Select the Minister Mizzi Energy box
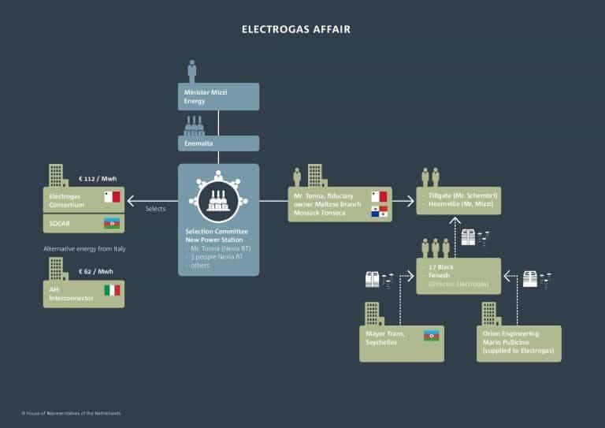tap(218, 96)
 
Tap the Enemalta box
tap(218, 143)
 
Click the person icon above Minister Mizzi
tap(191, 71)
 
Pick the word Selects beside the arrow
tap(155, 209)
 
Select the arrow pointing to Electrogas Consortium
tap(150, 200)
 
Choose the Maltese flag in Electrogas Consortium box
tap(112, 196)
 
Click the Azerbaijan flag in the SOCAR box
tap(112, 223)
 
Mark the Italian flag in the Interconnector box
tap(112, 290)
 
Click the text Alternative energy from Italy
tap(84, 249)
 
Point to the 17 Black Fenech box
tap(458, 276)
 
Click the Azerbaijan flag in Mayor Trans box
tap(431, 335)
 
